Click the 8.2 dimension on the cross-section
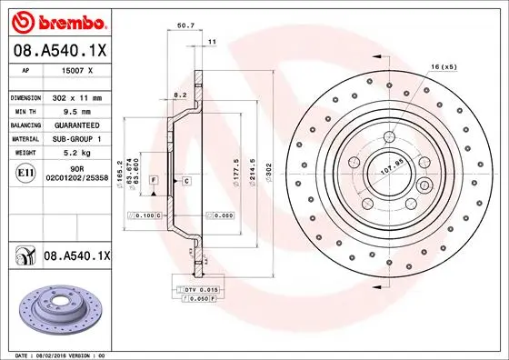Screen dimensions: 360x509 pos(179,94)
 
